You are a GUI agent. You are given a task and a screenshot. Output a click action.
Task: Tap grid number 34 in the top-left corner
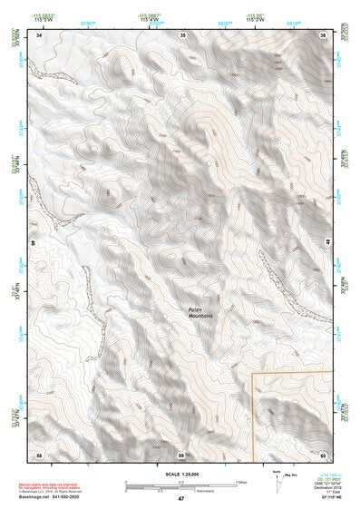tap(39, 34)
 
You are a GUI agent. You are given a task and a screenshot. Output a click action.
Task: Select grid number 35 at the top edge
tap(182, 34)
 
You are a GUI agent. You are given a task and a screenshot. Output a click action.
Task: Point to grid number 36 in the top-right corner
tap(324, 34)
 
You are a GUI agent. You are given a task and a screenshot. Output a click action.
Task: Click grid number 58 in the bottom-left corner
tap(39, 454)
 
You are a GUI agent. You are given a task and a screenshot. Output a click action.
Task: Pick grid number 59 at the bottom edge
tap(181, 454)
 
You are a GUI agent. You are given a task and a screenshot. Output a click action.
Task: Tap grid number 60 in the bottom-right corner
tap(324, 454)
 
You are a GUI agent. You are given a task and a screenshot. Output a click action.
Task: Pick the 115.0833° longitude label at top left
tap(43, 16)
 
